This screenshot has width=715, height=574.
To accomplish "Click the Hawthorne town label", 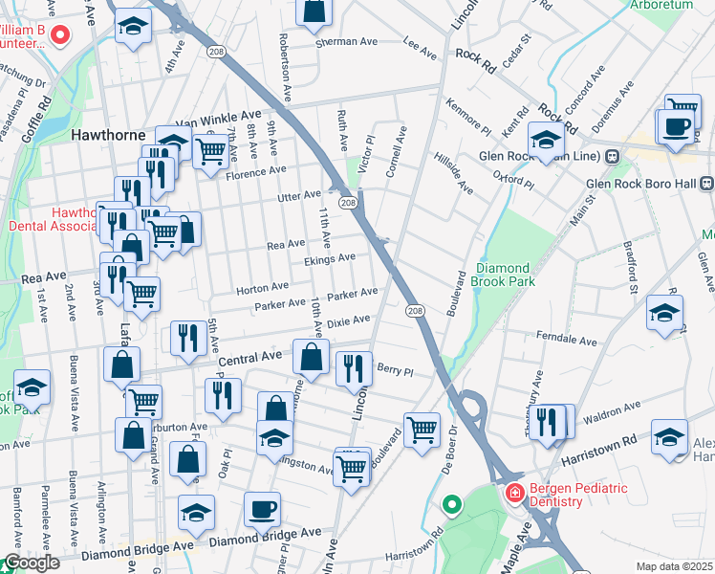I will coord(108,136).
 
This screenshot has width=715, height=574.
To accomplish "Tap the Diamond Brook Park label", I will coord(509,276).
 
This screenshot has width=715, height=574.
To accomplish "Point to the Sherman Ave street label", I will coord(348,42).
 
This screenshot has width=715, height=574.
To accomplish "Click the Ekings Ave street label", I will coord(330,257).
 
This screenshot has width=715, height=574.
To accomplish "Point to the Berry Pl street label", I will coord(394,369).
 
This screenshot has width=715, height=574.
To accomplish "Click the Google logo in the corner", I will coord(32,563).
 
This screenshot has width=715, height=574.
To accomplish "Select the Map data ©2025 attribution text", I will coord(674,566).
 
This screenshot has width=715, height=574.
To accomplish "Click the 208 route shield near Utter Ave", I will coord(348,203).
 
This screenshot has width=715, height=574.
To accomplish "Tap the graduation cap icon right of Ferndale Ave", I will coord(665,312).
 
